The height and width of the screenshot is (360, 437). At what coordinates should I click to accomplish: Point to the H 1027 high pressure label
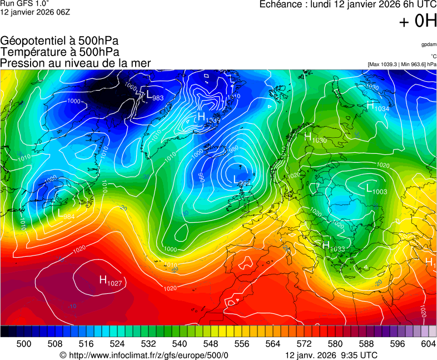point(111,281)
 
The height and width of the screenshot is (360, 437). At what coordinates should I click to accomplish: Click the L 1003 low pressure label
point(376,189)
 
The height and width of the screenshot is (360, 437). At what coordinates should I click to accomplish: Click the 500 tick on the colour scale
point(24,344)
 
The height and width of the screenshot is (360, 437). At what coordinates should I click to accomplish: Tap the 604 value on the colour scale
point(428,344)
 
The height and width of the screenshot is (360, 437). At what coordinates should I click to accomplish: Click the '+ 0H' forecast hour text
point(418,22)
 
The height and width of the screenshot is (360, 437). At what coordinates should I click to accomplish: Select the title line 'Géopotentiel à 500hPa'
point(59,42)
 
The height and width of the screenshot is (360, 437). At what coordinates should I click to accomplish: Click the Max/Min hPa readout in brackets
point(402,64)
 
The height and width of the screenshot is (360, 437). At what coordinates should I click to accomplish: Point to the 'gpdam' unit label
point(429,44)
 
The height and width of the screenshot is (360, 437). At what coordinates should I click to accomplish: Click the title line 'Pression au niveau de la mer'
point(76,63)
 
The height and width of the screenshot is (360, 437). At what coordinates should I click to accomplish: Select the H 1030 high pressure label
point(315,138)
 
